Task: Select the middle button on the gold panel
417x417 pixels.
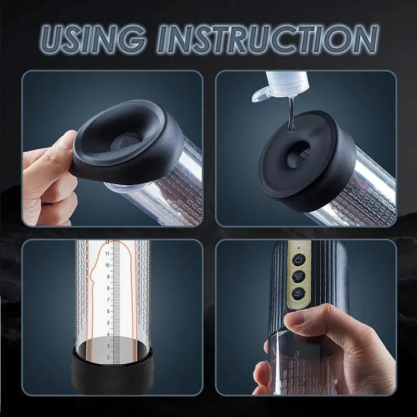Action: click(299, 276)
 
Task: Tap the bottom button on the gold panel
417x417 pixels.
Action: click(299, 294)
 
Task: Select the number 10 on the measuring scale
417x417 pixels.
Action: click(108, 265)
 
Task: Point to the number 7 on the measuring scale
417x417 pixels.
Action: click(108, 299)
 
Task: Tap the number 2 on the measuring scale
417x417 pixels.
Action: click(108, 357)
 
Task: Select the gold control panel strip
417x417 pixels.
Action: click(299, 275)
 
